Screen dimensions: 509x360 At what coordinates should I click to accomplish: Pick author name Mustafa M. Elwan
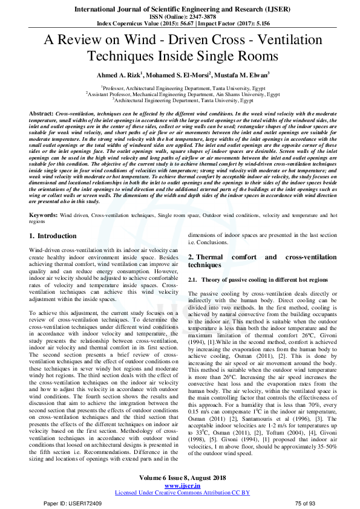(x=243, y=75)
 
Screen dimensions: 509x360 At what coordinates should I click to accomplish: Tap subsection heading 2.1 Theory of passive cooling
(x=258, y=280)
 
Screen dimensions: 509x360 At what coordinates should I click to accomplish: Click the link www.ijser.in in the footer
(x=179, y=468)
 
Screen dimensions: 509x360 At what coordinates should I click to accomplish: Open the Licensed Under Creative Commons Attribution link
(x=179, y=476)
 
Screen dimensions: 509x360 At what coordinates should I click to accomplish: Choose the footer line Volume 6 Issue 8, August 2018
(x=179, y=461)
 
